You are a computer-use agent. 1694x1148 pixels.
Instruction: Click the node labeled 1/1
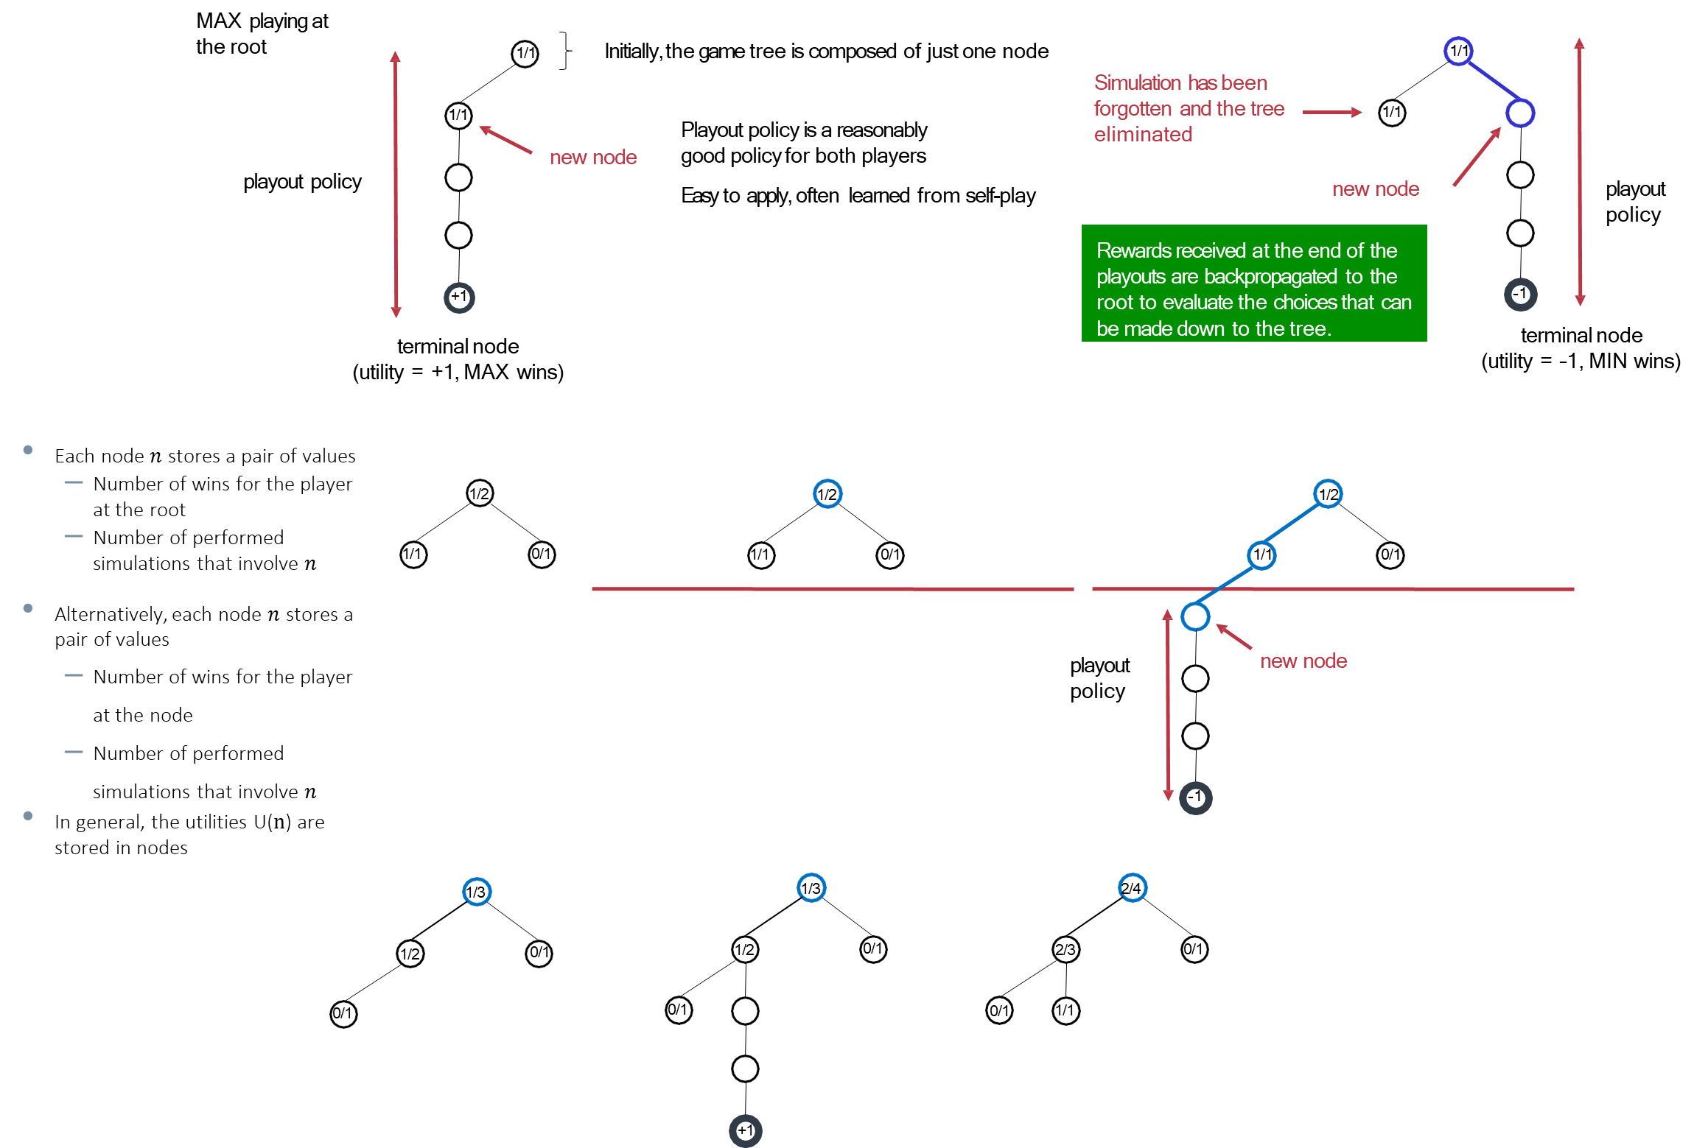(1261, 554)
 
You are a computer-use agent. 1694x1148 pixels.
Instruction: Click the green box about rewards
(1253, 284)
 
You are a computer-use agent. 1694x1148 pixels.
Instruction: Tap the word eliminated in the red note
(1143, 134)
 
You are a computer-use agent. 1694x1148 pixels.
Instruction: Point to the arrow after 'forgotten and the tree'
(1332, 112)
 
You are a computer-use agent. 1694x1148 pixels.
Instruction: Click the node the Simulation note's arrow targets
(1392, 113)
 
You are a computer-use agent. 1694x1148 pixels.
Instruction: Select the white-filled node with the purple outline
(1520, 113)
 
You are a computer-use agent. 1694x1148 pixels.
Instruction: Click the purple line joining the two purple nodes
(1490, 82)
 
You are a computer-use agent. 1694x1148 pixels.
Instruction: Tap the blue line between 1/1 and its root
(1295, 524)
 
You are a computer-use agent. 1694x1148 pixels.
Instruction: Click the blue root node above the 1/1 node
(1328, 493)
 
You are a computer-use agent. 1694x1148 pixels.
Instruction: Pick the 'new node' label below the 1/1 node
(1303, 661)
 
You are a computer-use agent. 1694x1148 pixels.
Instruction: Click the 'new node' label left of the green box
(593, 157)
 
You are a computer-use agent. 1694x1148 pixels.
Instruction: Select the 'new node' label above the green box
(1375, 189)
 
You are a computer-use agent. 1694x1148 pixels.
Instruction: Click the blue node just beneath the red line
(1195, 616)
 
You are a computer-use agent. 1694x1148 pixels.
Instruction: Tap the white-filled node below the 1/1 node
(1195, 736)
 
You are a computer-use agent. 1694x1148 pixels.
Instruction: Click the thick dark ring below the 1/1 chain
(1195, 798)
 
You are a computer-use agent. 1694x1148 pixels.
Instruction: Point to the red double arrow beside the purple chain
(1579, 172)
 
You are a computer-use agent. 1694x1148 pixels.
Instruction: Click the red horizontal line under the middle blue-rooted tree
(833, 589)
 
